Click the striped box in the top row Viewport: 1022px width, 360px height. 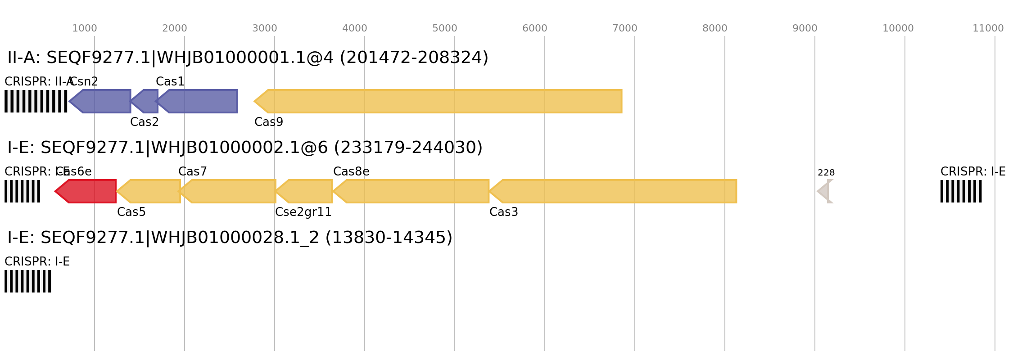click(x=36, y=101)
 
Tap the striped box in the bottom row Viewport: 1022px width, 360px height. click(x=28, y=281)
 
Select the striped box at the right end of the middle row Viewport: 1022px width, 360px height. click(x=961, y=191)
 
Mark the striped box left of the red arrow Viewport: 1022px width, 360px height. click(x=22, y=191)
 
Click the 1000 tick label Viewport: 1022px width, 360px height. click(x=85, y=28)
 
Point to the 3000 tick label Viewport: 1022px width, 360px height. click(x=265, y=28)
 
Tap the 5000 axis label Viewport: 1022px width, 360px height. click(x=445, y=28)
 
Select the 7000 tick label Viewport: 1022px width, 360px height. click(x=625, y=28)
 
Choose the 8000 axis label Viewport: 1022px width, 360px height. click(x=715, y=28)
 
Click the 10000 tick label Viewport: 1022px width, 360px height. click(x=898, y=28)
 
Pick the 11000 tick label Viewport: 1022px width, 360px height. click(x=988, y=28)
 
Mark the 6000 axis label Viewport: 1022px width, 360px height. click(x=535, y=28)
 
